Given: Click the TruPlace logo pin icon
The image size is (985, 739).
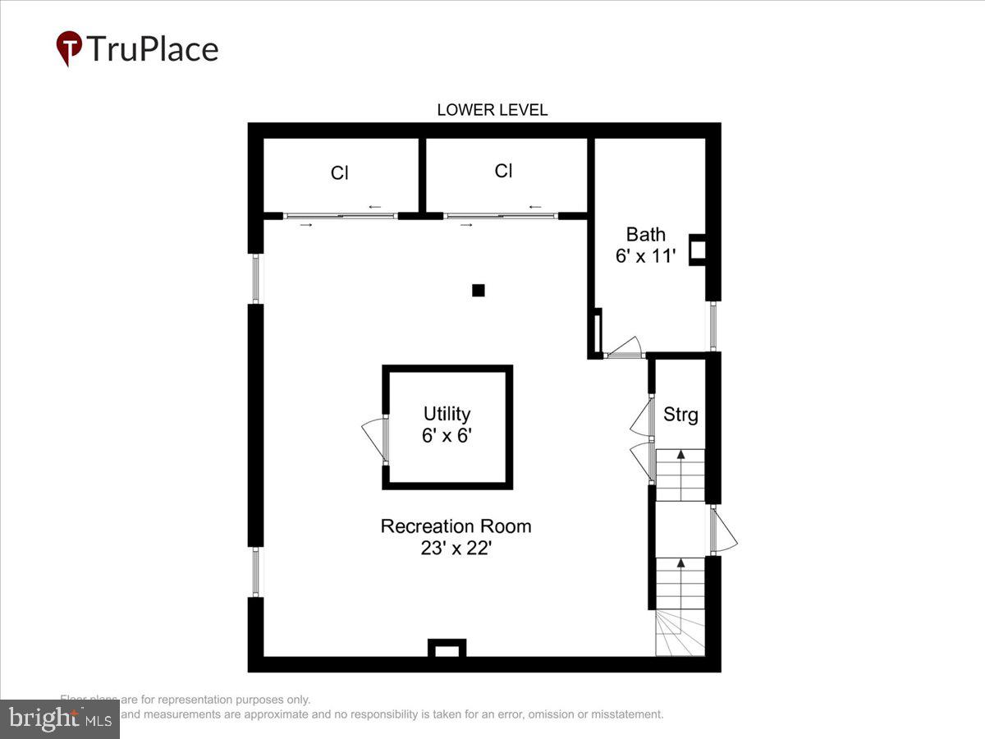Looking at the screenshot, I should [69, 48].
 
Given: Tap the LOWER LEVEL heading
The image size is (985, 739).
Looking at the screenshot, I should [492, 110].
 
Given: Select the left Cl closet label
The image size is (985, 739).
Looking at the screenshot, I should [340, 173].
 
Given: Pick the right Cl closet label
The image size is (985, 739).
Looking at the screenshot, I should [503, 171].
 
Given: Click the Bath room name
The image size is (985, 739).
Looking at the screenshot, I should [646, 234].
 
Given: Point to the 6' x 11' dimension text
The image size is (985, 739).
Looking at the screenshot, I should [646, 256].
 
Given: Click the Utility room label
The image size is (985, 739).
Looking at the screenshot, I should [447, 414].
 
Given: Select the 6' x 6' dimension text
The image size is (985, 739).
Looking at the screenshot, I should [447, 436].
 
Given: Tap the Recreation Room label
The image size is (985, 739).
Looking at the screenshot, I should [456, 526].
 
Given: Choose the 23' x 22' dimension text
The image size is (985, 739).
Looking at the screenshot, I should [456, 549].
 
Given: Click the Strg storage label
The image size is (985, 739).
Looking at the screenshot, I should [680, 415].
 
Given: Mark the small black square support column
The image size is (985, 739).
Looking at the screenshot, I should [479, 290].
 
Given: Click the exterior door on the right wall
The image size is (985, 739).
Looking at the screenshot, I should [722, 530].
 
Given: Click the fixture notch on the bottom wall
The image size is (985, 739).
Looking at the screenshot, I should [447, 649].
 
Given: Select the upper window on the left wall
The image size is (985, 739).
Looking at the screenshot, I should [256, 278].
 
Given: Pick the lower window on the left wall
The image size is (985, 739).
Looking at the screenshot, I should [256, 571].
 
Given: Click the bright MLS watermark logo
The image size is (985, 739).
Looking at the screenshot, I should [59, 718].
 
